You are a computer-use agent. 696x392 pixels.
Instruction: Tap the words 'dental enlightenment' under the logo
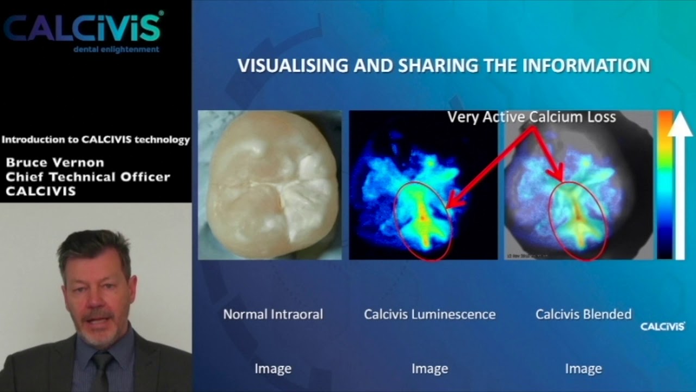coord(116,50)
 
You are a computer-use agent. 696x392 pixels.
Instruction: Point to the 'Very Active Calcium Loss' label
coord(531,117)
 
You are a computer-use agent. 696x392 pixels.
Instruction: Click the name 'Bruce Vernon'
coord(55,163)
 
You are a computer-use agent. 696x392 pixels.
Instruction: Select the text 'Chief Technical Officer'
coord(88,177)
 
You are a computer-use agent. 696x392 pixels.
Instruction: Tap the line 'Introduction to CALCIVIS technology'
coord(96,140)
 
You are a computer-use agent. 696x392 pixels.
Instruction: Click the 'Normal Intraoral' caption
coord(273,314)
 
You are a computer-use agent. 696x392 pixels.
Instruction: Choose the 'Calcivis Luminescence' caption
coord(430,314)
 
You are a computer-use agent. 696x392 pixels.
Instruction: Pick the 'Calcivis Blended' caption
coord(583,314)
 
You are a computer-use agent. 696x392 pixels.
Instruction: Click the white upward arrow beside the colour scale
coord(680,185)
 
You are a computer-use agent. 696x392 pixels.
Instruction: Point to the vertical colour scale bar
coord(665,185)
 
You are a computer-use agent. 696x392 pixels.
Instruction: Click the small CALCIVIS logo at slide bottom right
coord(662,327)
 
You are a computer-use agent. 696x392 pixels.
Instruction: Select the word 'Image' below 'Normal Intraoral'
coord(273,369)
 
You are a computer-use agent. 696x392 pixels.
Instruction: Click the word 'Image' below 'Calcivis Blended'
coord(583,369)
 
